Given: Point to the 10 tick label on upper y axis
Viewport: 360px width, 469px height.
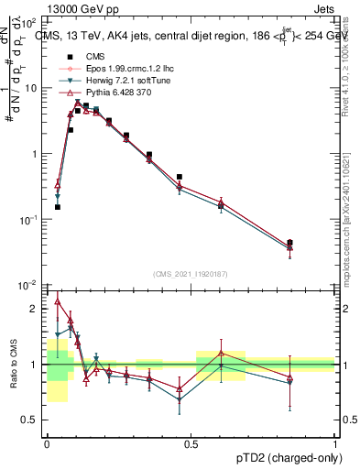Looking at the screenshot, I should [31, 88].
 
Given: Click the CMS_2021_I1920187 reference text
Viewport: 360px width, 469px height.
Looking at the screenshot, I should [191, 274].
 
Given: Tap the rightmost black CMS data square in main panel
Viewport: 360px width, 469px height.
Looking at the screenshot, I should [290, 243].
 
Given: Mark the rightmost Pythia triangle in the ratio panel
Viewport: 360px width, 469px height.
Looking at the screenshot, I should [290, 377].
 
